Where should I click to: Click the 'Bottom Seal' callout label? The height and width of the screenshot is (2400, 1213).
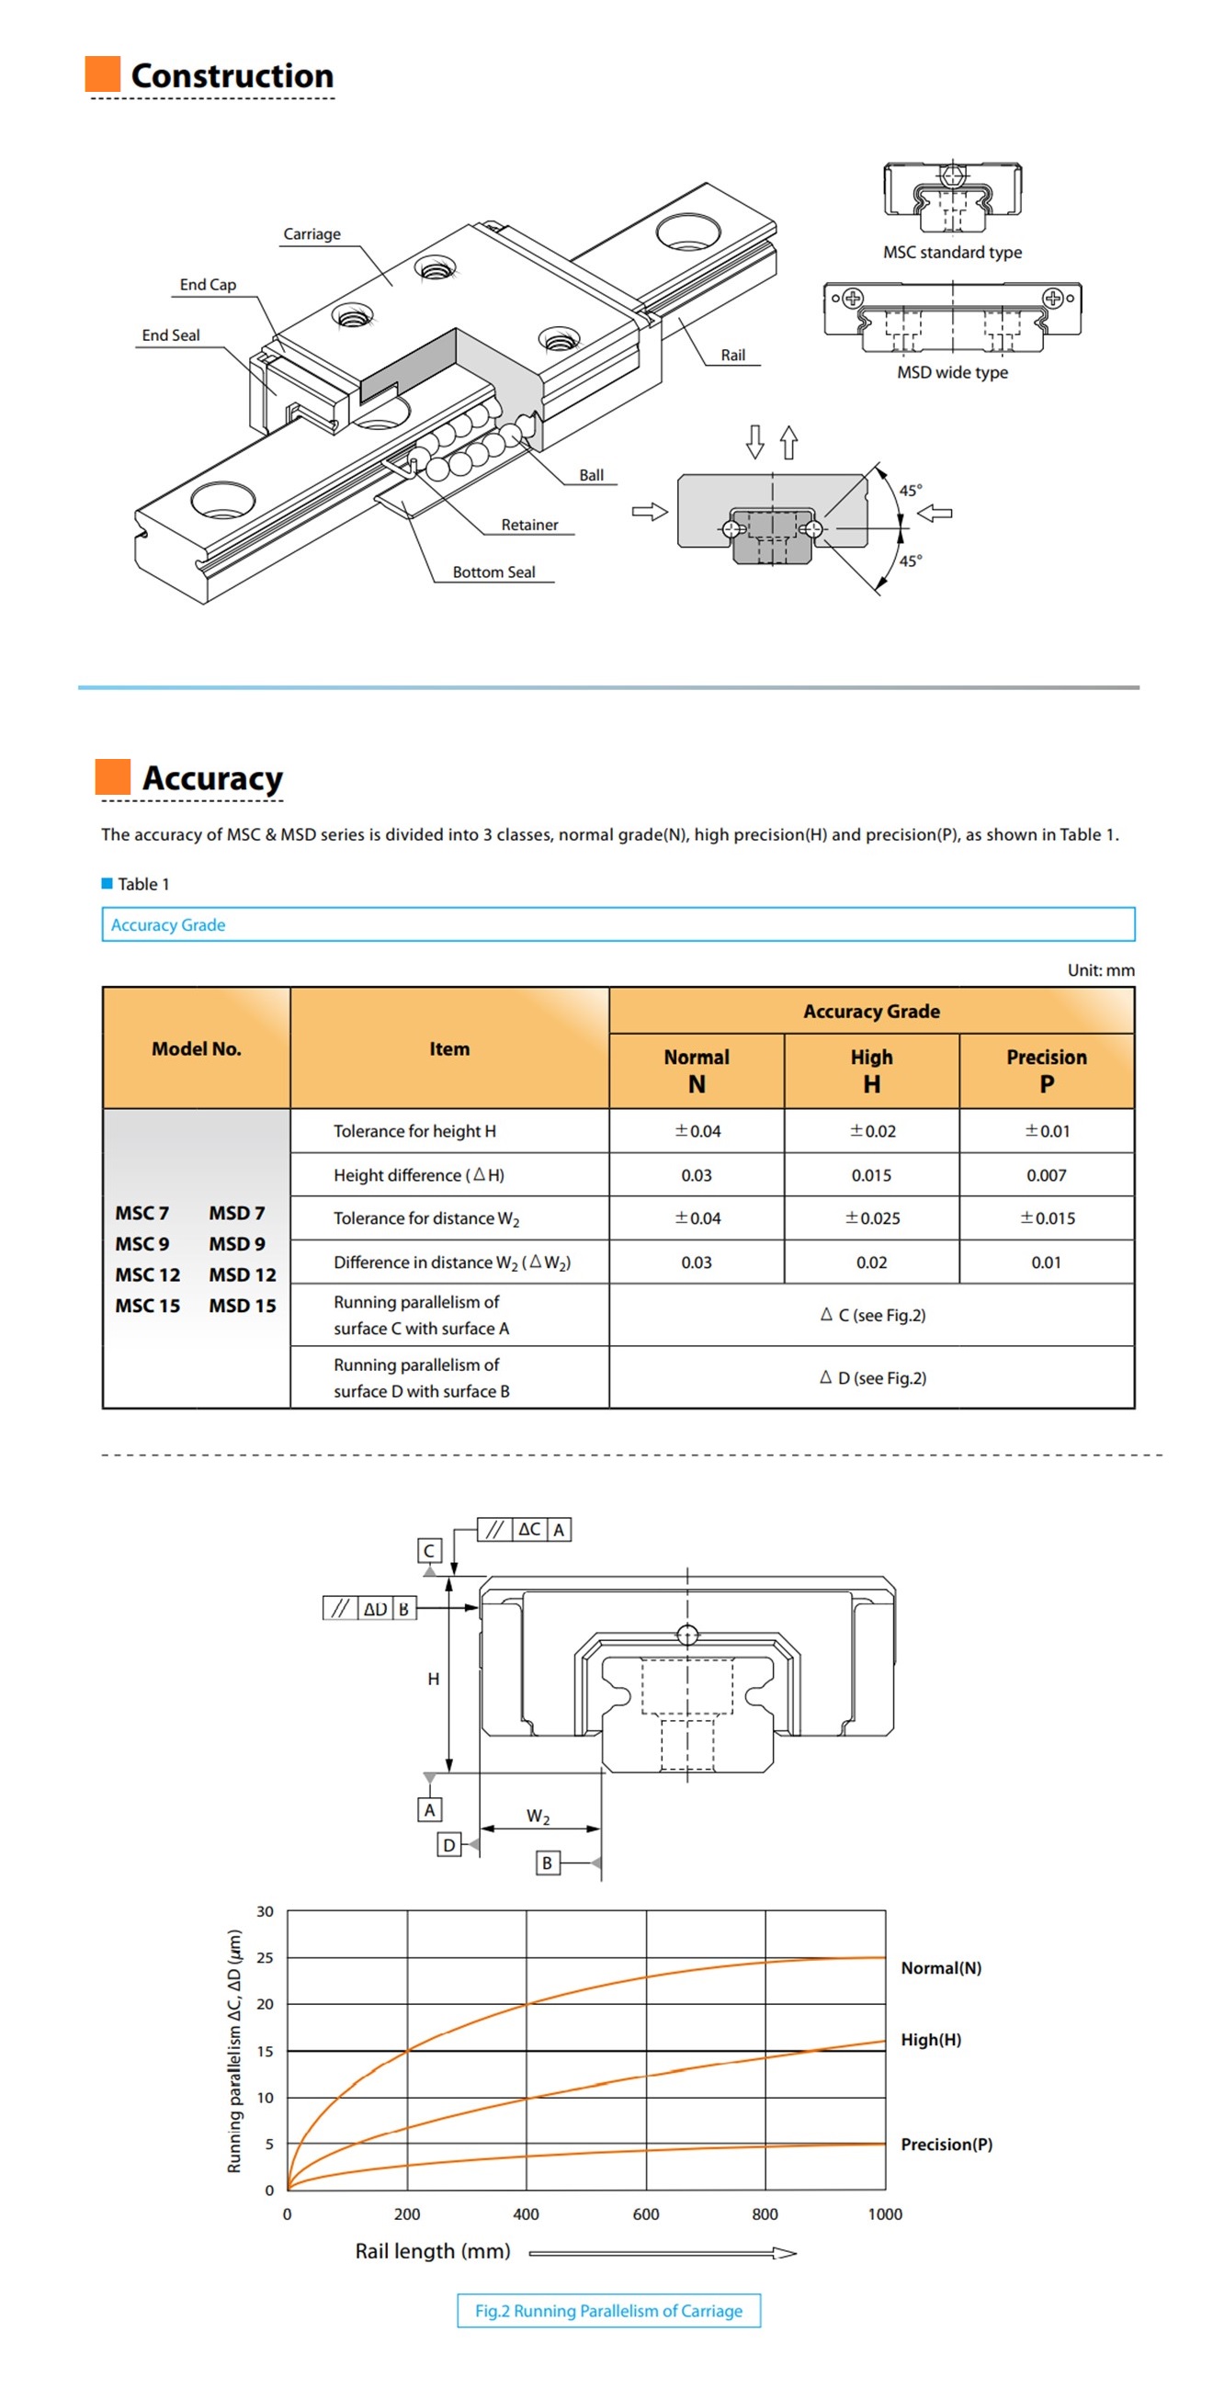pos(493,572)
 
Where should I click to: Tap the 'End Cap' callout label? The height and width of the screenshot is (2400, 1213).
pos(208,284)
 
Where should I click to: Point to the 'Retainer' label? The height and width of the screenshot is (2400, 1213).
pos(529,525)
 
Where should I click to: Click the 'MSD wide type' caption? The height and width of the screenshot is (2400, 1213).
pos(951,373)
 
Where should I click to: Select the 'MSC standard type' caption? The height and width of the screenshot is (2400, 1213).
pos(951,253)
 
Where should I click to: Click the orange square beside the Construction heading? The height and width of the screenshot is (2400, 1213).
pos(103,74)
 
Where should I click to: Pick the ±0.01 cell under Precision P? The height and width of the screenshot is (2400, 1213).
pos(1047,1131)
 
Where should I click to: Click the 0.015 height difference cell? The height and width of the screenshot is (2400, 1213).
pos(870,1176)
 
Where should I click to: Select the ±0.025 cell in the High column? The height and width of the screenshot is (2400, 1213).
pos(871,1218)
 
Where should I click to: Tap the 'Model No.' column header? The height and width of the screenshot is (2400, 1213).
pos(196,1049)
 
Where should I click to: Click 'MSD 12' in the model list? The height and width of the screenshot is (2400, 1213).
pos(243,1274)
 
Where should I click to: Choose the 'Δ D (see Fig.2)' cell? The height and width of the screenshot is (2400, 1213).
pos(872,1378)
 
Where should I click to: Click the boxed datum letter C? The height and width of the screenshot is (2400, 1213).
pos(428,1550)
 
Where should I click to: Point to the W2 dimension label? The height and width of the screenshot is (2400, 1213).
pos(538,1816)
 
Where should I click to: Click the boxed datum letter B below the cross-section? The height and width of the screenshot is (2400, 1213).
pos(547,1862)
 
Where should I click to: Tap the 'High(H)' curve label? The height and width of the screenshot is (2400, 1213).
pos(930,2040)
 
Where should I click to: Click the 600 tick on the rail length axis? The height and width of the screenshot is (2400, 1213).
pos(646,2213)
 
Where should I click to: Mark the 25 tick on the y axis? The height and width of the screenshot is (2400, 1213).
pos(266,1958)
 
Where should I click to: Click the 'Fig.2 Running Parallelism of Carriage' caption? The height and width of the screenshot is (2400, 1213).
pos(608,2311)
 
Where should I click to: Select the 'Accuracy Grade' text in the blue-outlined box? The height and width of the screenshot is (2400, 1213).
pos(167,925)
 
